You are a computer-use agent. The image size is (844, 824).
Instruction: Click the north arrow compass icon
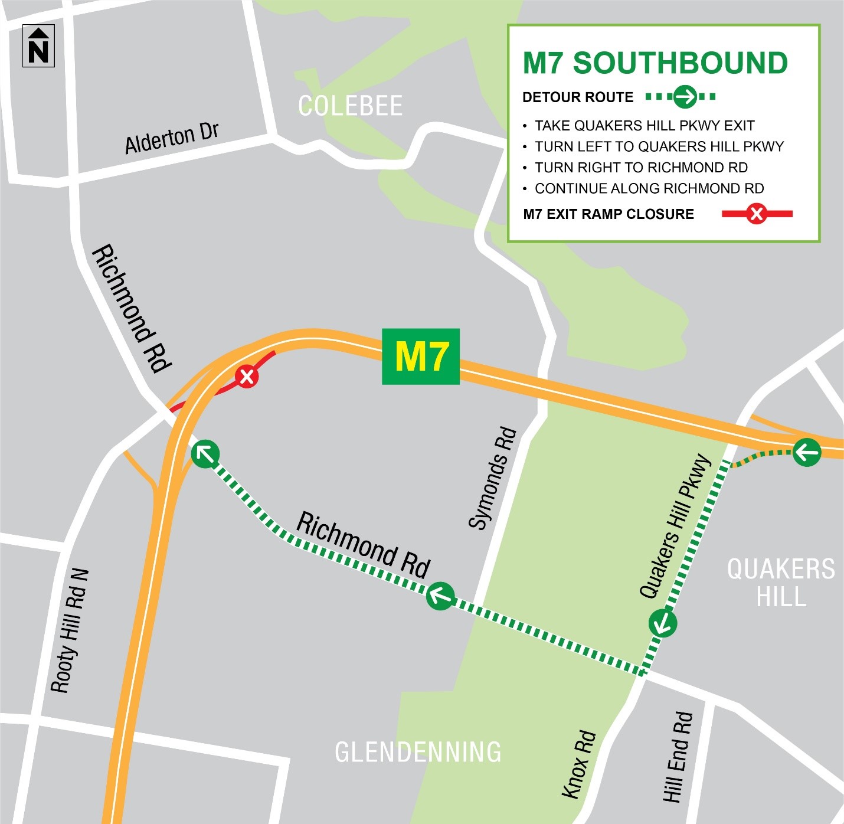click(38, 46)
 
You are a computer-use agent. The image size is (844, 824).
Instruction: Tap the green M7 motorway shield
click(420, 357)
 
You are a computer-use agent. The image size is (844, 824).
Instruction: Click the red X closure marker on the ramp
click(247, 376)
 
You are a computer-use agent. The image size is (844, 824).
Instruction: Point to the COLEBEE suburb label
click(350, 106)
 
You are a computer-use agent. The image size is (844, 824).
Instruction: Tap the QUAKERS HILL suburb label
click(781, 583)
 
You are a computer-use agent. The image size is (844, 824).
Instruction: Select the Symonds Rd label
click(493, 479)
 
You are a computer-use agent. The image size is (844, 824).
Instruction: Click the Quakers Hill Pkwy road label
click(676, 526)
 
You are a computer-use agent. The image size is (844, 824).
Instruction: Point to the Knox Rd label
click(578, 764)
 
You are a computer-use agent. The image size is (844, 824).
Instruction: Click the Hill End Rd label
click(677, 757)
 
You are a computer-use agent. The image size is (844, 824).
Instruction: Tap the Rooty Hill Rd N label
click(70, 630)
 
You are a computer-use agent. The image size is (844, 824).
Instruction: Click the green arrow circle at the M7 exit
click(807, 453)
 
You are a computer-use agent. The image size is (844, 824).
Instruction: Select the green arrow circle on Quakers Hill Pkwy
click(663, 623)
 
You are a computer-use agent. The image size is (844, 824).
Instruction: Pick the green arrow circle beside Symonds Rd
click(440, 596)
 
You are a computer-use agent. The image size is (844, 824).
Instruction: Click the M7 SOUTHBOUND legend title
click(655, 63)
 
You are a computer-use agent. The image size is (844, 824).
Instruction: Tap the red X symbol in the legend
click(756, 214)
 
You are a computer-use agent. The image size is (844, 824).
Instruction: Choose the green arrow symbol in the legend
click(685, 96)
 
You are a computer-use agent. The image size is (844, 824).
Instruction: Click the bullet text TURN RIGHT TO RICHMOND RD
click(641, 168)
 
